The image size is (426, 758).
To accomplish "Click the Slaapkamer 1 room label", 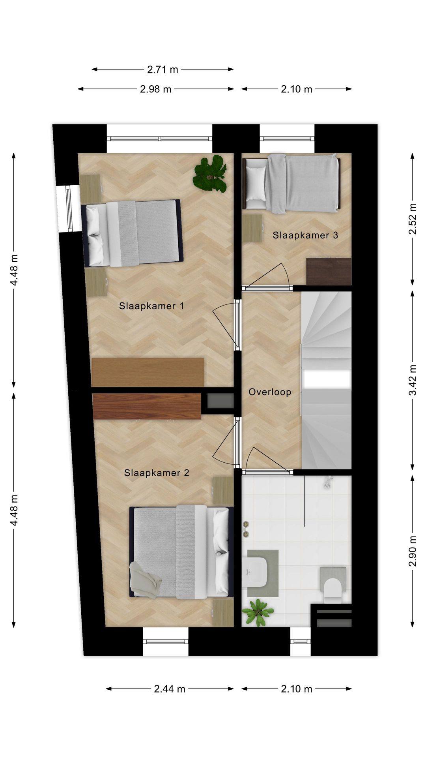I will tap(151, 306).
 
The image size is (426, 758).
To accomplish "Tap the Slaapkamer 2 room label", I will tap(157, 473).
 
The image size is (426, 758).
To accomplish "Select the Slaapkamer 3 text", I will tap(305, 235).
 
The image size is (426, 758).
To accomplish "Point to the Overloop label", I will tap(270, 392).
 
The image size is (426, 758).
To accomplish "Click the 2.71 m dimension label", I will tap(163, 70).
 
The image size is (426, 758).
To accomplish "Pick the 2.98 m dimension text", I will tap(155, 89).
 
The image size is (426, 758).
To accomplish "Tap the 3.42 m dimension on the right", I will tap(413, 380).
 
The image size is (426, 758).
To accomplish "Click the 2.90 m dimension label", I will tap(413, 551).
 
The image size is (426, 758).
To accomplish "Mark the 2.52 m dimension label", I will tap(413, 219).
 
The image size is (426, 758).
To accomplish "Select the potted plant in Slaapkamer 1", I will tap(210, 174).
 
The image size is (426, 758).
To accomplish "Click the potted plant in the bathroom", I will tap(258, 612).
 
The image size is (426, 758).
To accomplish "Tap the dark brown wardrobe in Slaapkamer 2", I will tap(147, 406).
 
